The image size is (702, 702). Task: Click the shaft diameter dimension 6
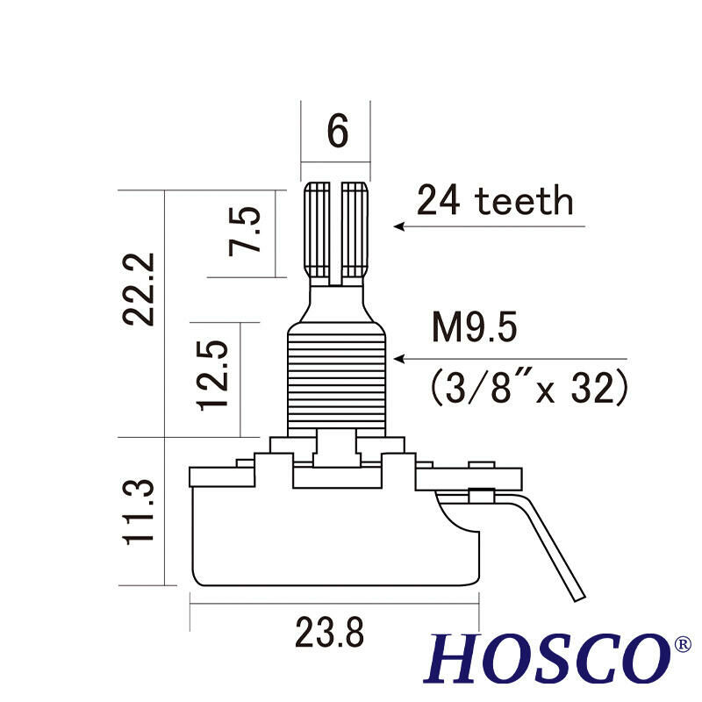(337, 132)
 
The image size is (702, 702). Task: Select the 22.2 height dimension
(140, 289)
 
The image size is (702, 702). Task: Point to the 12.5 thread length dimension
(214, 376)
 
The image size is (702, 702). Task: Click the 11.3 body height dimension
(139, 512)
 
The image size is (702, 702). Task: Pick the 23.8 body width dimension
(328, 632)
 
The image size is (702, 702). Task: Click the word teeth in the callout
(524, 202)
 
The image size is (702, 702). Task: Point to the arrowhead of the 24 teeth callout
(399, 226)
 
